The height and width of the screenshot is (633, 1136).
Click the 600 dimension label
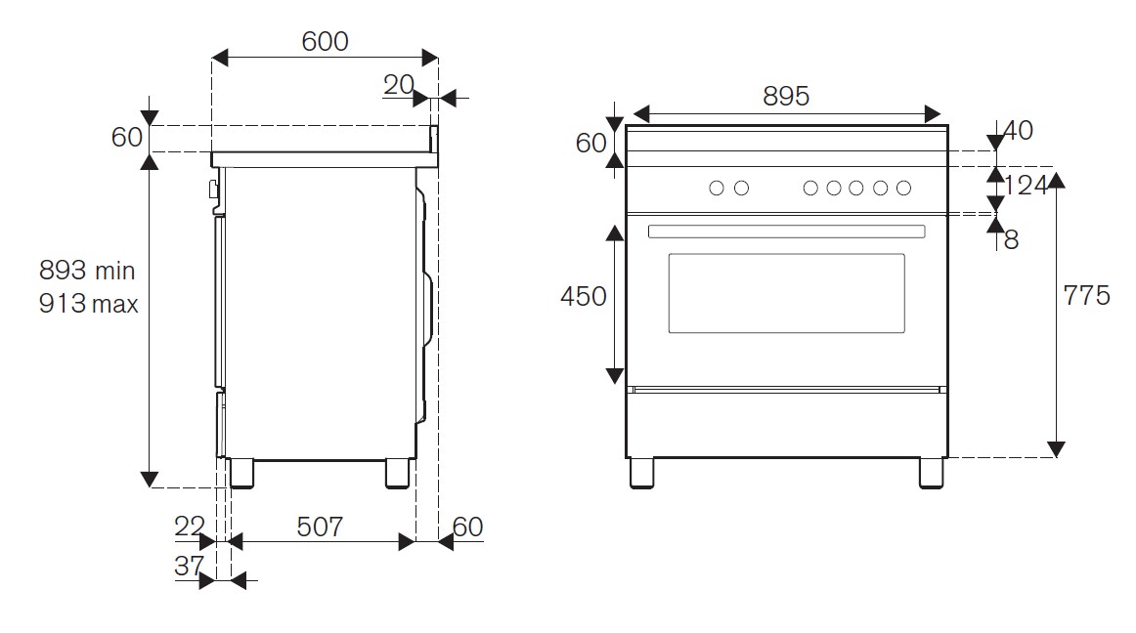(325, 41)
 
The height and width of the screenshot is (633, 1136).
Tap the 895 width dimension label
(786, 96)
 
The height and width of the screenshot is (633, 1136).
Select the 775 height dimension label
(1087, 295)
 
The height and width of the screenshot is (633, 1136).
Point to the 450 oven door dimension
(584, 296)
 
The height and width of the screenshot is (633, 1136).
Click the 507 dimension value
(320, 527)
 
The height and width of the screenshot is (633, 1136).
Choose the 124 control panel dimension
(1026, 185)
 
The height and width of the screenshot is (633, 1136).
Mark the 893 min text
(87, 270)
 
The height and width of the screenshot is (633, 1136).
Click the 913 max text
(88, 304)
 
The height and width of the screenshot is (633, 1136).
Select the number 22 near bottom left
(190, 527)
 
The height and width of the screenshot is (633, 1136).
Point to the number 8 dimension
(1011, 239)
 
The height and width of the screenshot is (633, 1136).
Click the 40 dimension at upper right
(1018, 130)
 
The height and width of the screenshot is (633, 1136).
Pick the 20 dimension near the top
(398, 85)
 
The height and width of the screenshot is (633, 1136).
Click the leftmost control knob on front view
(717, 189)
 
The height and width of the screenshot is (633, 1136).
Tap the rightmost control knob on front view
(903, 189)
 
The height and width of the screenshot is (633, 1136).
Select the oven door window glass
(786, 293)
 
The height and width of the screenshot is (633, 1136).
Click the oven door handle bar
(786, 232)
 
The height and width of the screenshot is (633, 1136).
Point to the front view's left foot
(641, 472)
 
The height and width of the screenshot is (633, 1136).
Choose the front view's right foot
(932, 472)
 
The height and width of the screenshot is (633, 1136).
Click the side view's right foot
(397, 472)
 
